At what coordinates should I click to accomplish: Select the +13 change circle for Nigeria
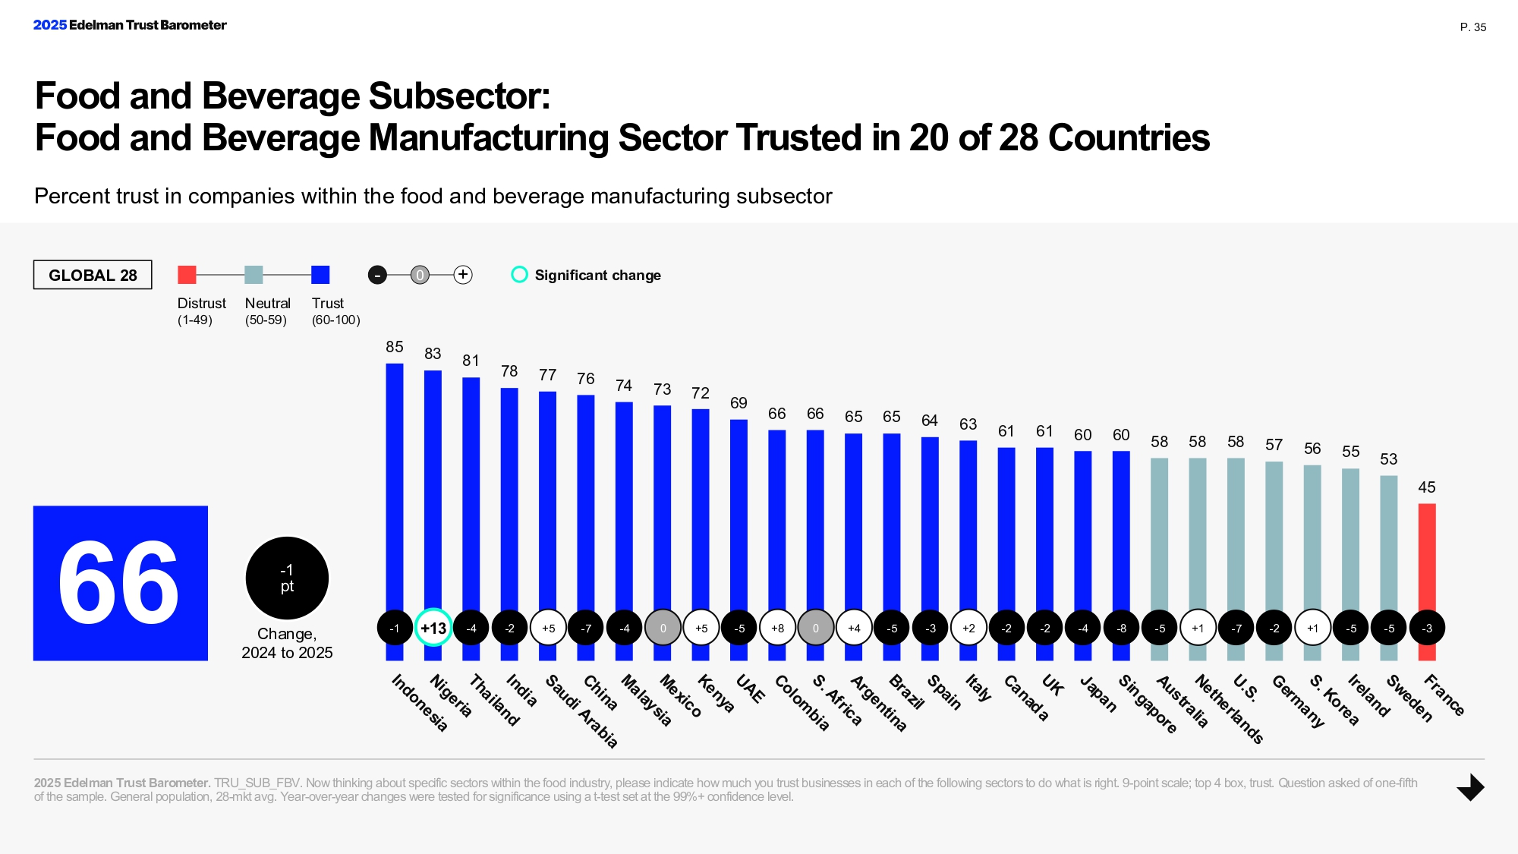pyautogui.click(x=433, y=628)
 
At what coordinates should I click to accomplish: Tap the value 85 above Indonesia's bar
pyautogui.click(x=394, y=347)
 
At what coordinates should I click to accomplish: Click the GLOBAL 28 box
pyautogui.click(x=93, y=275)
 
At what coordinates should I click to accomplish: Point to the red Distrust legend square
pyautogui.click(x=187, y=275)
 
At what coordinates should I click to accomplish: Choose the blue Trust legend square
pyautogui.click(x=320, y=275)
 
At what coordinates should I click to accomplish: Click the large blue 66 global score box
pyautogui.click(x=120, y=583)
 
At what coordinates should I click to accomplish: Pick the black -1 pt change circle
pyautogui.click(x=287, y=578)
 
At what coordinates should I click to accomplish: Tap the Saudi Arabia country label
pyautogui.click(x=581, y=711)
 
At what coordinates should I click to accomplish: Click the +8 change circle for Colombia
pyautogui.click(x=777, y=628)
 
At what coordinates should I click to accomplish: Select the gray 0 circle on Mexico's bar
pyautogui.click(x=663, y=628)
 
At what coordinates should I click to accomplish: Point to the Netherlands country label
pyautogui.click(x=1229, y=708)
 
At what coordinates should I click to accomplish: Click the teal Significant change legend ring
pyautogui.click(x=519, y=275)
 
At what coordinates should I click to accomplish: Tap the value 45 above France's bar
pyautogui.click(x=1426, y=487)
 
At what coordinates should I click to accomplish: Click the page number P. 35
pyautogui.click(x=1472, y=27)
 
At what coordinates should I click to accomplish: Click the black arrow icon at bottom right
pyautogui.click(x=1470, y=787)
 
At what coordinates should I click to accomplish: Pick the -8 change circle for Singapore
pyautogui.click(x=1121, y=628)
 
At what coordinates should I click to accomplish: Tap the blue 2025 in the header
pyautogui.click(x=50, y=25)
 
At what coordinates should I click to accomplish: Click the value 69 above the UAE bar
pyautogui.click(x=739, y=403)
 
